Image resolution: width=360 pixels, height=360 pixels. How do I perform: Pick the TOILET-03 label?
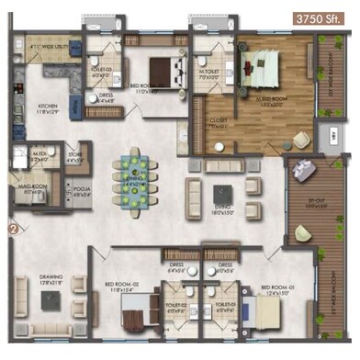[x=101, y=70]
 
